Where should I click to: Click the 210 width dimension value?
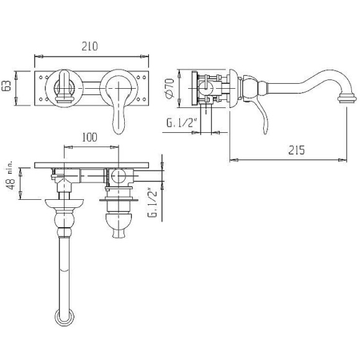point(89,46)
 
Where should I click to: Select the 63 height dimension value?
point(6,86)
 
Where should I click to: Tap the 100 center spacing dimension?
point(89,137)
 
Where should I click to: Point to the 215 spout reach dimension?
point(296,150)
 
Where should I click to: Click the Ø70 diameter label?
point(169,88)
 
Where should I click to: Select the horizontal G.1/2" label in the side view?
point(182,123)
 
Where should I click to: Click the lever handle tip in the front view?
point(119,130)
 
